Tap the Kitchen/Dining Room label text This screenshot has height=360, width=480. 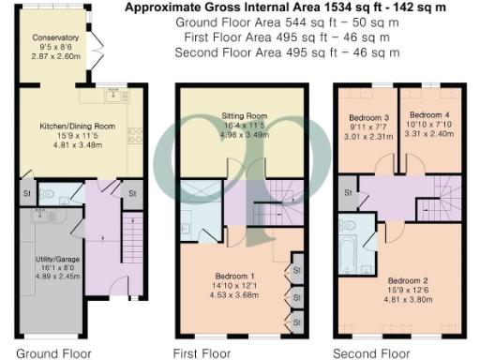tap(78, 125)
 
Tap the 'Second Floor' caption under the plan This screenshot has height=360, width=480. tap(372, 353)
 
